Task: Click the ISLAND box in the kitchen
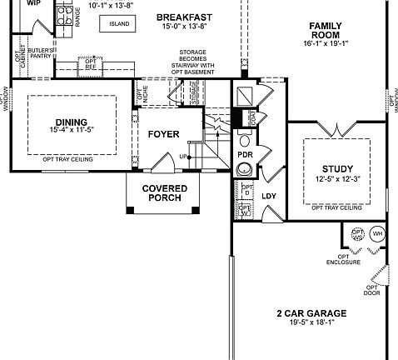point(118,23)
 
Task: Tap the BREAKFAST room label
point(183,17)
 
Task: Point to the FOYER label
point(163,134)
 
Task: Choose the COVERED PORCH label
point(164,193)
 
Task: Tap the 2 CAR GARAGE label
point(311,314)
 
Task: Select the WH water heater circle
point(376,234)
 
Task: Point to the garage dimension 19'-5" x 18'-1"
point(311,322)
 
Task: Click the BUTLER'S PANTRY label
point(42,54)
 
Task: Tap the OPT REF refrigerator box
point(91,64)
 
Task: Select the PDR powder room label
point(245,155)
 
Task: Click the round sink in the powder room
point(245,170)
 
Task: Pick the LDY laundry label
point(269,197)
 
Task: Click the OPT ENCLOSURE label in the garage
point(343,259)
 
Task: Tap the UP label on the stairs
point(183,157)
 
